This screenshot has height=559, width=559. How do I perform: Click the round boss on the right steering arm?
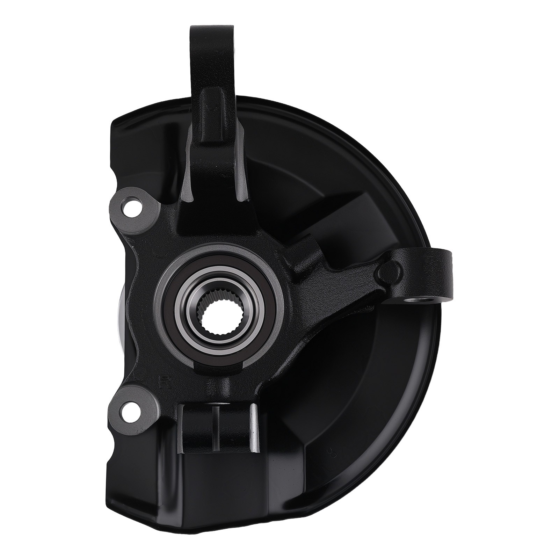389,269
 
